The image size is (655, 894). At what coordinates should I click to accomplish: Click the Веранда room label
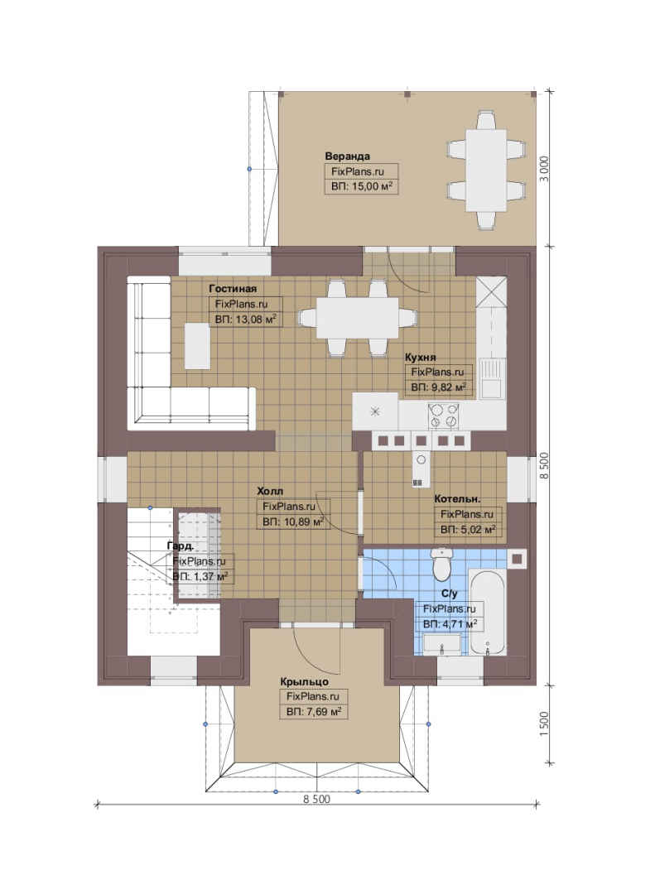click(347, 156)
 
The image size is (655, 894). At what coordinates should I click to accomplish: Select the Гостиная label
click(232, 289)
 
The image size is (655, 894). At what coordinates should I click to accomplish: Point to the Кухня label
click(420, 358)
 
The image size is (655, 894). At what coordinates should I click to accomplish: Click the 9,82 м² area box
click(438, 387)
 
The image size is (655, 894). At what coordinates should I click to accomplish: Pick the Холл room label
click(270, 491)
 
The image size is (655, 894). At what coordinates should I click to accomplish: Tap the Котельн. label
click(457, 499)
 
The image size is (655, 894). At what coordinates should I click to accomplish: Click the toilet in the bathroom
click(442, 563)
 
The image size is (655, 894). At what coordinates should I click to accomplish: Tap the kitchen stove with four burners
click(443, 415)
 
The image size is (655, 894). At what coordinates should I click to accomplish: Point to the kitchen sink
click(490, 378)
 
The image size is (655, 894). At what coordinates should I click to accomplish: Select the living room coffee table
click(197, 346)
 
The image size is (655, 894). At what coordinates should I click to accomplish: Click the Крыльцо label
click(304, 681)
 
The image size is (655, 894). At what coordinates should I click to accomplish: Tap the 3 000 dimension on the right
click(545, 169)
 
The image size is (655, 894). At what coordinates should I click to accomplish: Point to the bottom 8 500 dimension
click(316, 800)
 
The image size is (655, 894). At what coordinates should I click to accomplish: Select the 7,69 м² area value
click(314, 712)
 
